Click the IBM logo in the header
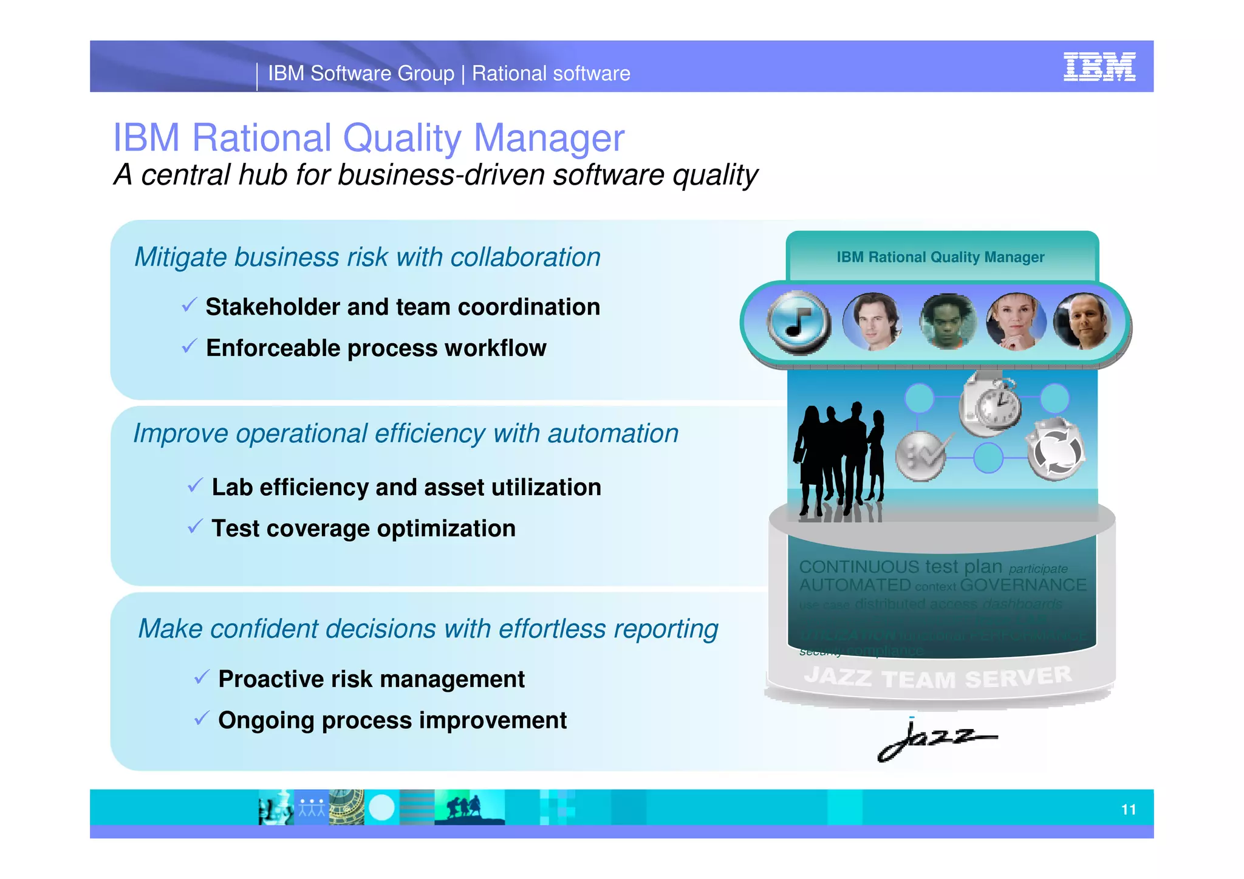pyautogui.click(x=1099, y=67)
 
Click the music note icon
pyautogui.click(x=798, y=322)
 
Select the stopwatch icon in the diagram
pyautogui.click(x=990, y=404)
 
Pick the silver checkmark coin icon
pyautogui.click(x=921, y=456)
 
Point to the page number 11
pyautogui.click(x=1128, y=809)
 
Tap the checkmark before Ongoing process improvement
pyautogui.click(x=202, y=718)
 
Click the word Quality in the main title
pyautogui.click(x=402, y=138)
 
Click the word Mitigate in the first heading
pyautogui.click(x=180, y=258)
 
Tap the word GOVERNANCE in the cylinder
pyautogui.click(x=1023, y=585)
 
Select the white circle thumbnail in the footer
pyautogui.click(x=381, y=808)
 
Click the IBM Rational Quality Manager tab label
pyautogui.click(x=940, y=258)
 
